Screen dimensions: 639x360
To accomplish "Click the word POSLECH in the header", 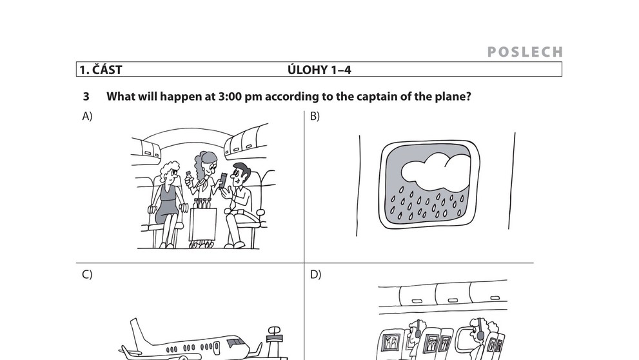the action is coord(525,52).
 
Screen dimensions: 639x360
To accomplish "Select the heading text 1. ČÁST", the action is coord(101,70).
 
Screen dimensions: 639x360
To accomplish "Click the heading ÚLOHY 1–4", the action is coord(319,70).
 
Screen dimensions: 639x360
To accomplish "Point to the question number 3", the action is coord(86,97).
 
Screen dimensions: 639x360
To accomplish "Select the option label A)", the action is coord(87,116).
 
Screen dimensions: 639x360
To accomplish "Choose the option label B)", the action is coord(315,116).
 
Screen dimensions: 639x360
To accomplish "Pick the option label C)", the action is coord(87,275).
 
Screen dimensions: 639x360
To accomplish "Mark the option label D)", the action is coord(316,275).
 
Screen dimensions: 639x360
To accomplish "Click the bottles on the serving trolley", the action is coord(202,203).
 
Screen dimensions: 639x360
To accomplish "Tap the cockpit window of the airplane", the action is coord(235,343).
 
